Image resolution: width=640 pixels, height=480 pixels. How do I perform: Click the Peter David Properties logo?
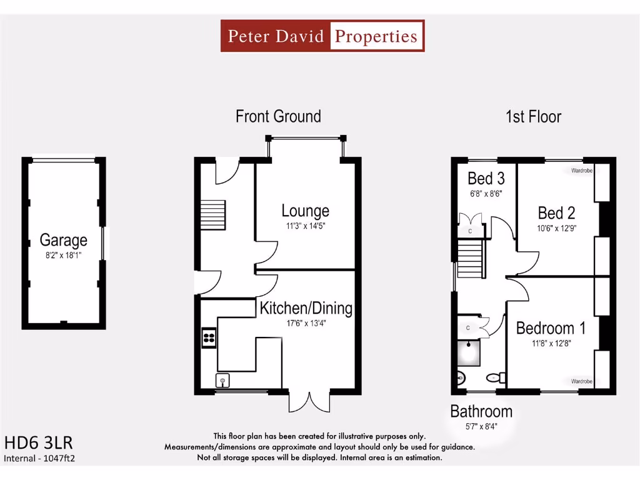coord(322,36)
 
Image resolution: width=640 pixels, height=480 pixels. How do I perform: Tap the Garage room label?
coord(63,240)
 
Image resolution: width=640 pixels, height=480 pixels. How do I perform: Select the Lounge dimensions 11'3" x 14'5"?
coord(305,226)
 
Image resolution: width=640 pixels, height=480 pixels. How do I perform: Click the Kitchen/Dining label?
coord(306,308)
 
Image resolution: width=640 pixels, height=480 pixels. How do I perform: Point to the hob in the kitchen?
coord(209,338)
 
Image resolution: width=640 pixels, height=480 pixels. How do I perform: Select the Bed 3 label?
coord(486,179)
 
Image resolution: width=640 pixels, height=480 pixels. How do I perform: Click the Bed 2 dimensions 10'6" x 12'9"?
coord(556,228)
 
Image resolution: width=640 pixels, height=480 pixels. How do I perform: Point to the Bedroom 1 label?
coord(551,328)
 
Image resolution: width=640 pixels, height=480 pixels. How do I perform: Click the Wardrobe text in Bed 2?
coord(581,170)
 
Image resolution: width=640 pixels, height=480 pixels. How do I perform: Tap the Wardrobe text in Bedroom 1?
coord(581,381)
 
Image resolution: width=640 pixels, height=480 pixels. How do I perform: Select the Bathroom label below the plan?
coord(481,411)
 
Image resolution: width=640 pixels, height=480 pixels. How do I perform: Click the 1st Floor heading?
coord(533,117)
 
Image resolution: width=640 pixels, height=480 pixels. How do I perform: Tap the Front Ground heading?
coord(278,116)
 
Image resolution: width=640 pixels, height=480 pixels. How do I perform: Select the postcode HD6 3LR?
coord(39,443)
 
